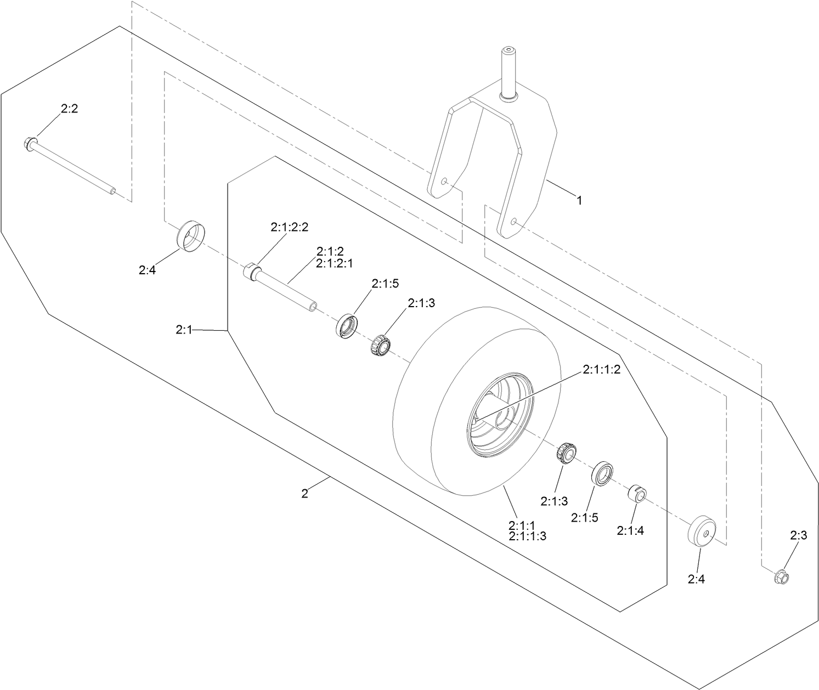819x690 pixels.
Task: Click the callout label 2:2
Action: point(69,109)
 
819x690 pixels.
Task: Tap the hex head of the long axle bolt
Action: point(29,144)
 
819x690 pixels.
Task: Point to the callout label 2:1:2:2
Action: point(289,227)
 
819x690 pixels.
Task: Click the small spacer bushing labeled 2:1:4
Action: point(636,492)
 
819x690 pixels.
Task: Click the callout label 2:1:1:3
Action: point(527,536)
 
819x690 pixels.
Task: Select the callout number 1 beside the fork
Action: point(578,200)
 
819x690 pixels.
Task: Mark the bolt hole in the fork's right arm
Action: point(514,221)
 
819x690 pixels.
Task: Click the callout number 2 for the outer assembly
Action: point(305,493)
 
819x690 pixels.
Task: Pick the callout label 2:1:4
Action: point(630,530)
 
